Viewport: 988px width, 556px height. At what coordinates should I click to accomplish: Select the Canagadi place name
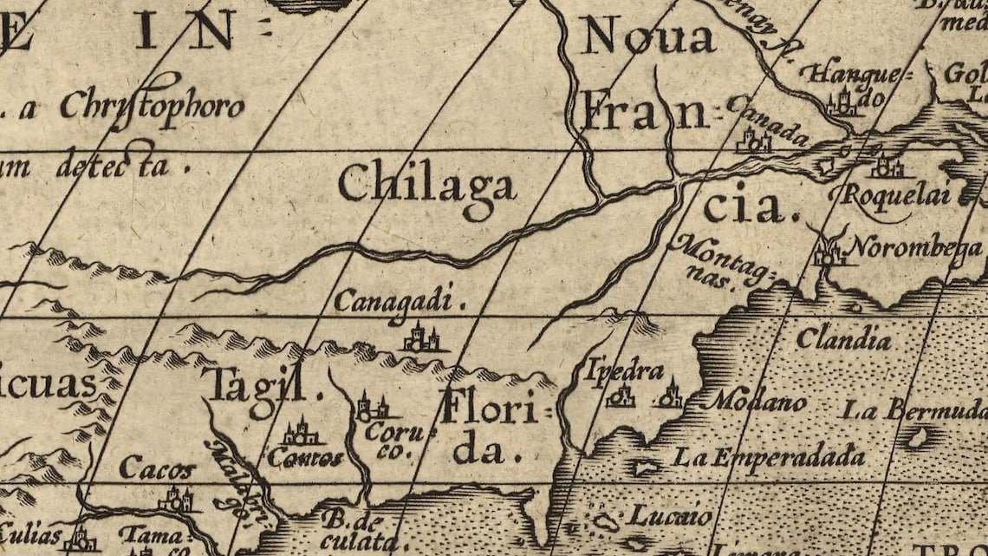tap(393, 302)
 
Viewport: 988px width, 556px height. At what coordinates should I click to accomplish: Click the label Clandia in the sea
tap(842, 338)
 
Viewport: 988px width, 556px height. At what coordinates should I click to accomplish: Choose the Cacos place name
tap(157, 470)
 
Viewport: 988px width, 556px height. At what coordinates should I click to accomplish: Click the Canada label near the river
tap(767, 119)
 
